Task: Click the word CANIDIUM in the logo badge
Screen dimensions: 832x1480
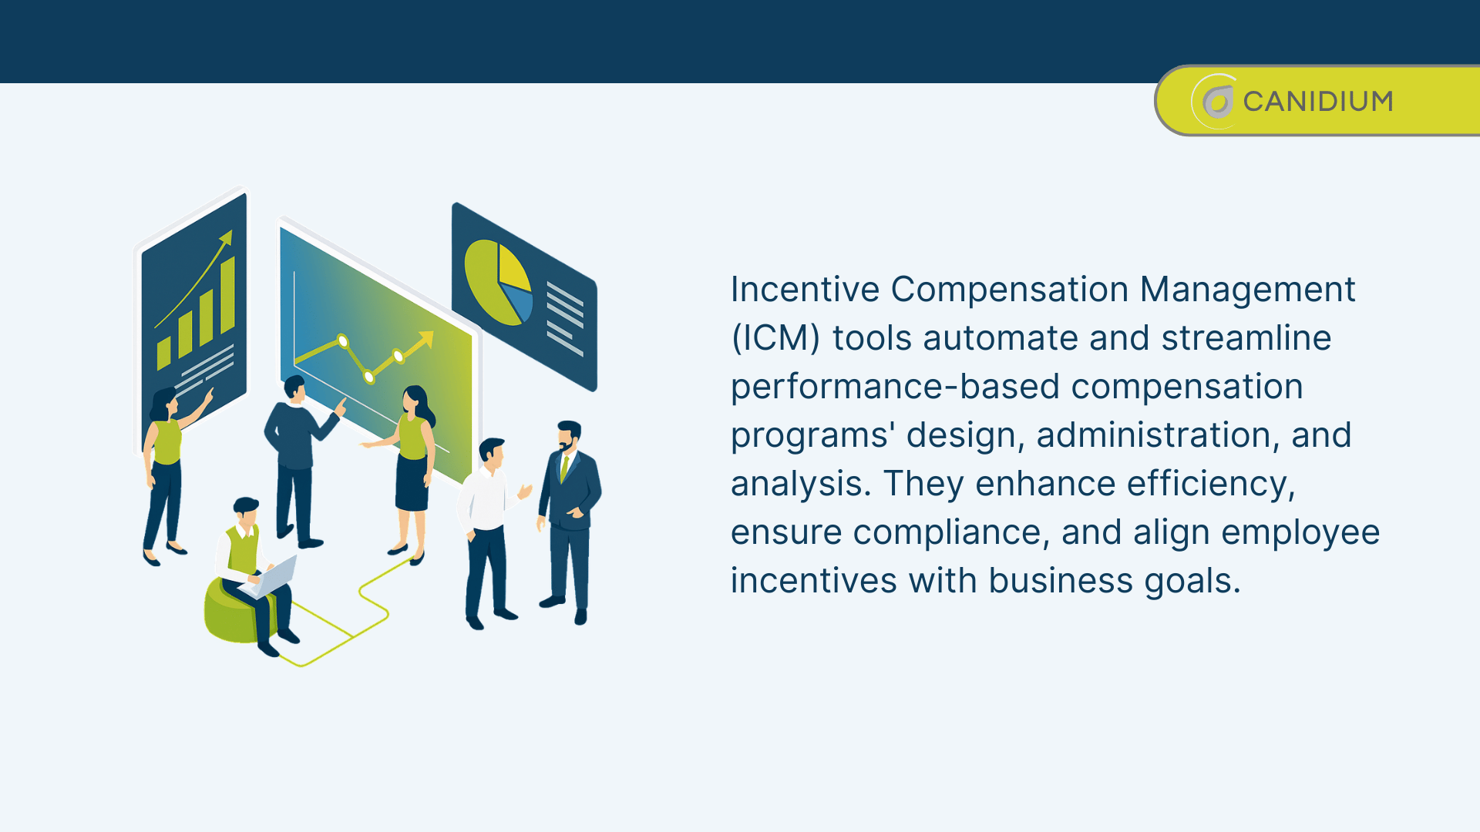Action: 1317,102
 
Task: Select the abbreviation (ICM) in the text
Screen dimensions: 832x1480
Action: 775,339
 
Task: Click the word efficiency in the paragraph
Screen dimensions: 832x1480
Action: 1211,485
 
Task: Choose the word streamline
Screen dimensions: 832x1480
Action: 1246,339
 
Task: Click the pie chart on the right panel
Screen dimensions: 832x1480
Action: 498,282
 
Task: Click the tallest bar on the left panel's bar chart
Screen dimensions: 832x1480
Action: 227,295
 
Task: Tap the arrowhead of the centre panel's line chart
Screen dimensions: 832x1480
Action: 425,338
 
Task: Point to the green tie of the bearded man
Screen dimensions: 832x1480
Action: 564,468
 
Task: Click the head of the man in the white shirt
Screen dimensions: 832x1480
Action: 491,452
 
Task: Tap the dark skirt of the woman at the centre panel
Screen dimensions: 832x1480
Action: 411,484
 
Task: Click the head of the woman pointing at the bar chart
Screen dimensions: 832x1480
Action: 164,404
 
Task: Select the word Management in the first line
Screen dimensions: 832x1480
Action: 1246,290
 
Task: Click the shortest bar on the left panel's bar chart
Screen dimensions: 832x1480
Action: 163,353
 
